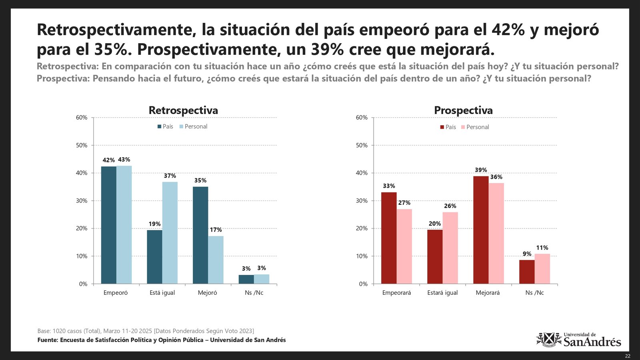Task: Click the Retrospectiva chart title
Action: [183, 110]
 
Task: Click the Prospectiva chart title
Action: [463, 110]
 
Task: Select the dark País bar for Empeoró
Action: [108, 225]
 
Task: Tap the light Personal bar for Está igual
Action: [170, 233]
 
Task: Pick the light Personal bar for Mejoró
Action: [216, 260]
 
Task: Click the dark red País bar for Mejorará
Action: [481, 230]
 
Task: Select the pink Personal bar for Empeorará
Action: [404, 246]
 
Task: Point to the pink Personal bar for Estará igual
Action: [450, 248]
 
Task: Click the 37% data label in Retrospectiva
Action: [170, 176]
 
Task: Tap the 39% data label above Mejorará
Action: [481, 170]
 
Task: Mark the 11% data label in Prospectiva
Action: [542, 248]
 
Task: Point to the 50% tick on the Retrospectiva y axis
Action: [82, 145]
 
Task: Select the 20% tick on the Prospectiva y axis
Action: [362, 228]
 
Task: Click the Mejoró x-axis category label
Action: [207, 293]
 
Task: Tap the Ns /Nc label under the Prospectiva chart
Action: [534, 293]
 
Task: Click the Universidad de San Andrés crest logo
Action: [549, 340]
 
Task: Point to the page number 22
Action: [628, 356]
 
